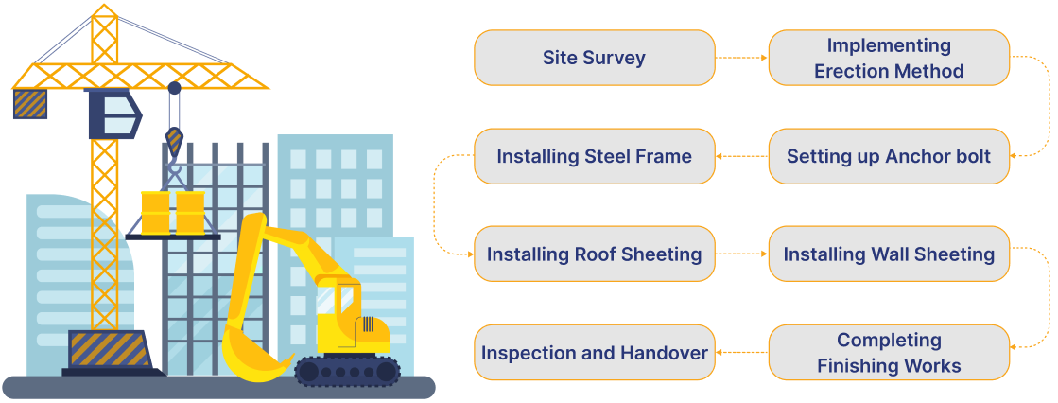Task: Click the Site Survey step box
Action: click(x=594, y=58)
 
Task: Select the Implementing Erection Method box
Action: click(x=889, y=58)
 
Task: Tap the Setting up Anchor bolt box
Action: click(x=889, y=156)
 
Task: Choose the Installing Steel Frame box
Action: click(x=594, y=156)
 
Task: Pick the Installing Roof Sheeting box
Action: click(x=594, y=254)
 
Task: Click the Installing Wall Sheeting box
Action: click(x=889, y=254)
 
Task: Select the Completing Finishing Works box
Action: click(x=889, y=352)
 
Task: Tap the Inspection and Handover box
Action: click(x=594, y=352)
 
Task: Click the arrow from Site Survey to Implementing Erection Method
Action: click(x=741, y=58)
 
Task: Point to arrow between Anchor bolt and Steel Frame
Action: click(x=741, y=156)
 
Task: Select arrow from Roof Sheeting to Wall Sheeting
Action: click(x=741, y=254)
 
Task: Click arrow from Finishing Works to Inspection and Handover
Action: click(x=741, y=352)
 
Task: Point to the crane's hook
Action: click(x=174, y=142)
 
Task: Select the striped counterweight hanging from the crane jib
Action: click(x=29, y=103)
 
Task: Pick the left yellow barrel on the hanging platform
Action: click(x=155, y=213)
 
